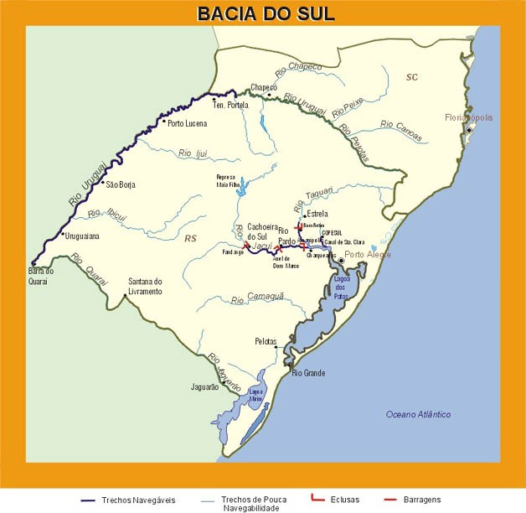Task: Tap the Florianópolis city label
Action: (x=470, y=117)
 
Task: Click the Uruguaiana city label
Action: (x=82, y=236)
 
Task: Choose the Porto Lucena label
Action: (x=187, y=123)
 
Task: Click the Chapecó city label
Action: (x=264, y=87)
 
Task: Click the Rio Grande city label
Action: (x=307, y=374)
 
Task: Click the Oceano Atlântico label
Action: (x=418, y=415)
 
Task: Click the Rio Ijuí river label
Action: (x=192, y=153)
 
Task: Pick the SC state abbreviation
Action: (x=411, y=78)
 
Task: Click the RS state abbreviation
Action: (x=190, y=238)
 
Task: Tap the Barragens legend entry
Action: (x=444, y=500)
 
